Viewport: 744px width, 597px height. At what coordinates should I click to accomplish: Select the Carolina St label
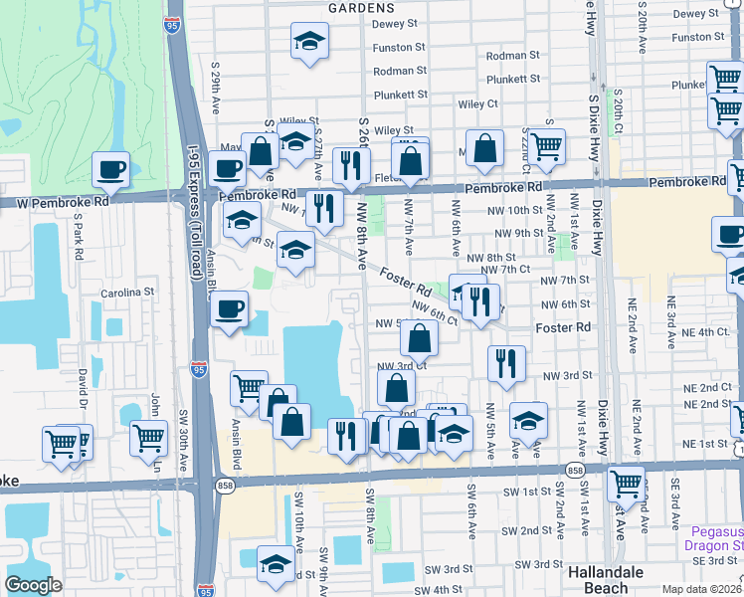(x=129, y=294)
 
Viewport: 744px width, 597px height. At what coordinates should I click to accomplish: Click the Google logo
(x=34, y=585)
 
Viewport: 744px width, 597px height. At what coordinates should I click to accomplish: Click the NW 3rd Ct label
(x=402, y=365)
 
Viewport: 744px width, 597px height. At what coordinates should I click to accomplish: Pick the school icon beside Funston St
(x=310, y=42)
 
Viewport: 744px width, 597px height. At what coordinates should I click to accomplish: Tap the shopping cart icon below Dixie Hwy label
(x=626, y=484)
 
